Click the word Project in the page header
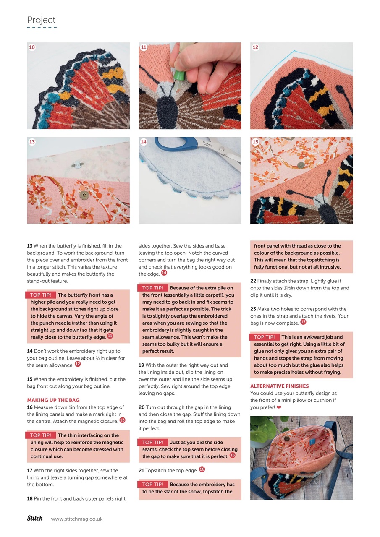(41, 20)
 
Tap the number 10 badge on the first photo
(32, 47)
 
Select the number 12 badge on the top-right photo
(255, 47)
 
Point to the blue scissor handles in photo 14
(176, 145)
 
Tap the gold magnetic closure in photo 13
(84, 195)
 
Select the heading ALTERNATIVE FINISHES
(279, 386)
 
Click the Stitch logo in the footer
(35, 518)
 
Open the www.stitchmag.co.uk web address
(77, 519)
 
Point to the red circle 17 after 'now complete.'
(303, 322)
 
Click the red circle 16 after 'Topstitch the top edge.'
(202, 469)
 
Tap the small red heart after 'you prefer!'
(279, 407)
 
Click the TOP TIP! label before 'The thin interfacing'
(41, 435)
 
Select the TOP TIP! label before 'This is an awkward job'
(264, 337)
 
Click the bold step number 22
(253, 281)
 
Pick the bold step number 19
(142, 365)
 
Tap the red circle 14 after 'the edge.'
(164, 273)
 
